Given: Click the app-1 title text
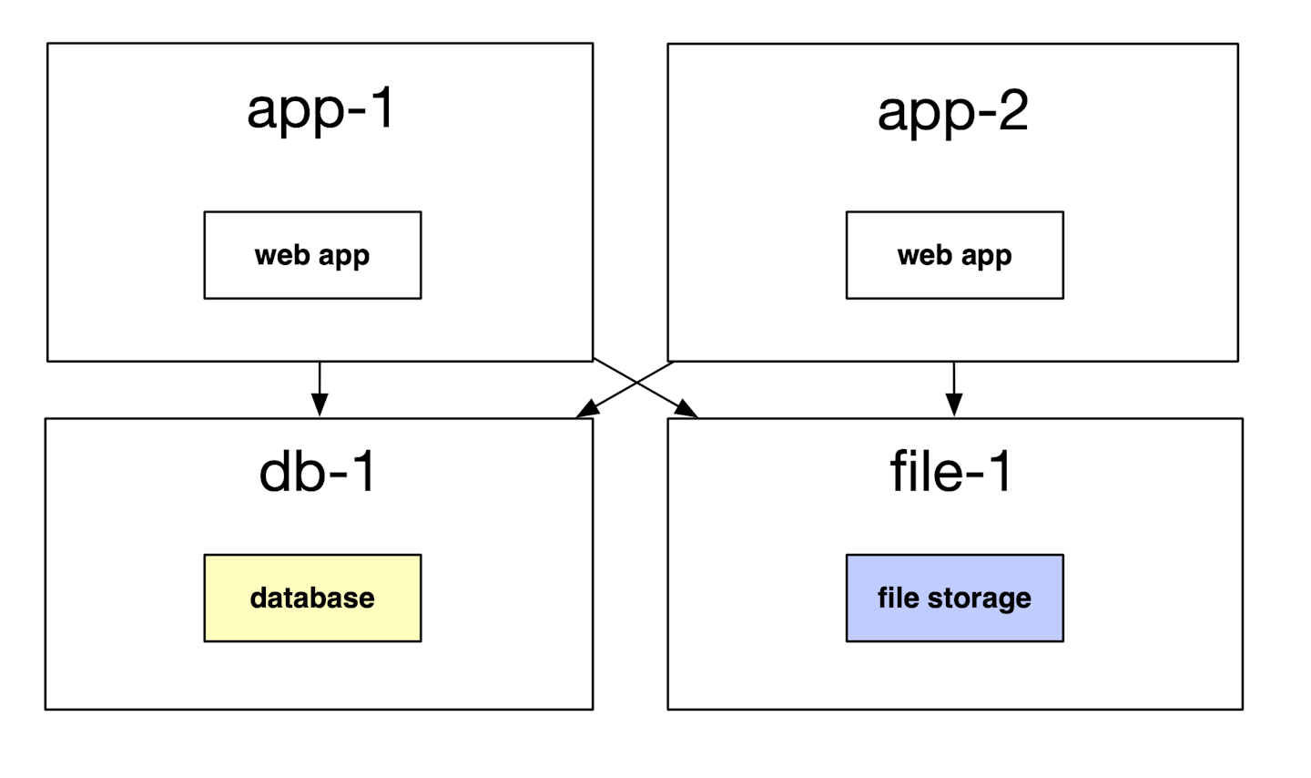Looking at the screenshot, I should (x=320, y=109).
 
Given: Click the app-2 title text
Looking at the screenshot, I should (x=952, y=111).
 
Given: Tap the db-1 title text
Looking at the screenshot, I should (x=318, y=472).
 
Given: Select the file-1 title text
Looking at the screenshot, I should (x=950, y=472).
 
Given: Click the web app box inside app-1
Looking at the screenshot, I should (x=312, y=255).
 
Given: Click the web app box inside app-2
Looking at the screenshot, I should (x=954, y=255).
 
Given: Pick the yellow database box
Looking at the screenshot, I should (x=312, y=598).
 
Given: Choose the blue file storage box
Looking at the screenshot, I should (x=954, y=598).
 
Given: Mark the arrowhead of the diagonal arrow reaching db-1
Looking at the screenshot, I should (x=586, y=411).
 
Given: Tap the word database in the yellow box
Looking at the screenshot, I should (x=312, y=598).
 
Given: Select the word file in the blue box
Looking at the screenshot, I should (x=898, y=598).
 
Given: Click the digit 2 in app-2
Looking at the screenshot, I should (x=1011, y=111).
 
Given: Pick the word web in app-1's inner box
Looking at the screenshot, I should (x=282, y=255).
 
